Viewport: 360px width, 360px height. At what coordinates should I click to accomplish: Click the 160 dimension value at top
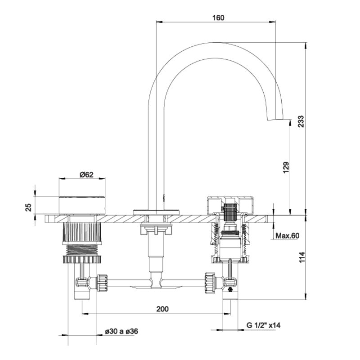pyautogui.click(x=218, y=18)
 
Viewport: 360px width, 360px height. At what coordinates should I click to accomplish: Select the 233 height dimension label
pyautogui.click(x=301, y=121)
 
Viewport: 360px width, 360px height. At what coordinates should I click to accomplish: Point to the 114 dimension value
pyautogui.click(x=301, y=257)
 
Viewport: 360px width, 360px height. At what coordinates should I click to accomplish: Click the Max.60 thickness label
pyautogui.click(x=288, y=235)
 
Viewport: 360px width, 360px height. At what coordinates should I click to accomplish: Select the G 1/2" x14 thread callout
pyautogui.click(x=264, y=325)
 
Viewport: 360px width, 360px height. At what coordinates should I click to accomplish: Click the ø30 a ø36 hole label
pyautogui.click(x=121, y=331)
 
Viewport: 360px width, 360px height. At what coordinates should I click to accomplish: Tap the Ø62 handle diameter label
pyautogui.click(x=86, y=175)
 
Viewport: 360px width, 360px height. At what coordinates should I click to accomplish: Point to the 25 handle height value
pyautogui.click(x=28, y=207)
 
